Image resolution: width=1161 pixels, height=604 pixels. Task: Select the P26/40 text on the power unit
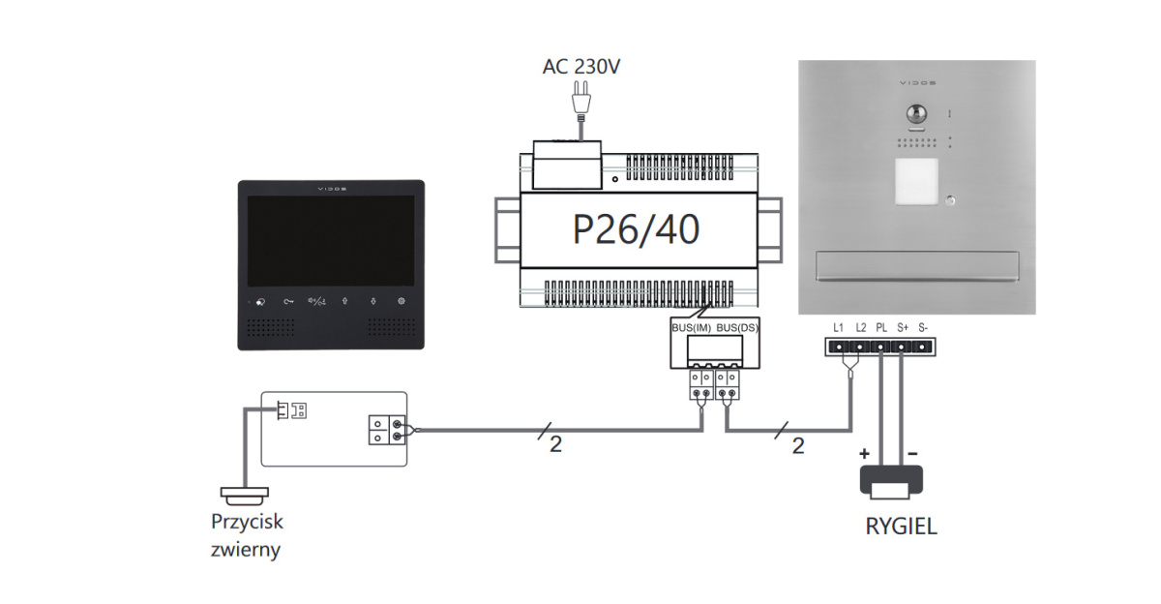[636, 229]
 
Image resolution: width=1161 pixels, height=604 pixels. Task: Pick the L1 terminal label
[838, 327]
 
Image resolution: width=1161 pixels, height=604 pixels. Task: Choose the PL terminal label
[880, 327]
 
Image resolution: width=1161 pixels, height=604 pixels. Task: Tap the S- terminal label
[923, 327]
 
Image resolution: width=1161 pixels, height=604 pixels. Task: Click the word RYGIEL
[901, 528]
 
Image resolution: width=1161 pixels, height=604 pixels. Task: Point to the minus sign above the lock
[913, 453]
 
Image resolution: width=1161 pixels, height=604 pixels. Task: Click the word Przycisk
[247, 522]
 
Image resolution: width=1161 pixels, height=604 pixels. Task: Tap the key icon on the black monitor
[288, 301]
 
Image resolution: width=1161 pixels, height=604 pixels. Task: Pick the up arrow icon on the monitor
[344, 301]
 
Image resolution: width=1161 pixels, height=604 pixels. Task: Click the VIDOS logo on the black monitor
[330, 190]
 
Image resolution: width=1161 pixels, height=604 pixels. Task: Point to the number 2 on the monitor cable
[554, 445]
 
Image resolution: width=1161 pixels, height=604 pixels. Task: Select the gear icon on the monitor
[401, 301]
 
